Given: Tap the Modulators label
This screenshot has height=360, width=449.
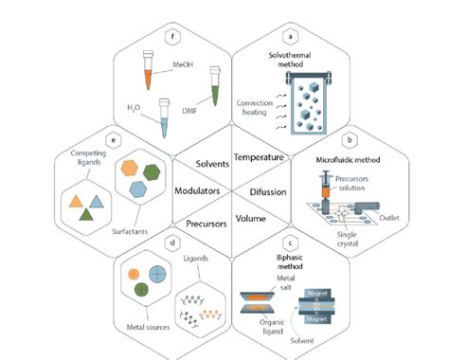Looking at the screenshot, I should pos(196,190).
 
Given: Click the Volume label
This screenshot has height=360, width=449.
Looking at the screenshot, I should pos(251,219).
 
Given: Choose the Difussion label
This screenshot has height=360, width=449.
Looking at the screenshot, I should pos(267,190).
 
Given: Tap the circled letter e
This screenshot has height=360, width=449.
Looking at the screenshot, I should pos(112,142).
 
